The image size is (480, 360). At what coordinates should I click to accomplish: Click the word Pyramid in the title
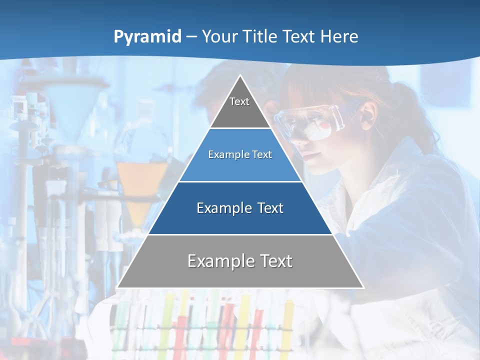147,37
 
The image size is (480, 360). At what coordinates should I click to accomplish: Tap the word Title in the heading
262,37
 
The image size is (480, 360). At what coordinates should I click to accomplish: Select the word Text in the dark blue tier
270,208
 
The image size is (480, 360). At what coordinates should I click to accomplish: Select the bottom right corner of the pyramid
363,287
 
